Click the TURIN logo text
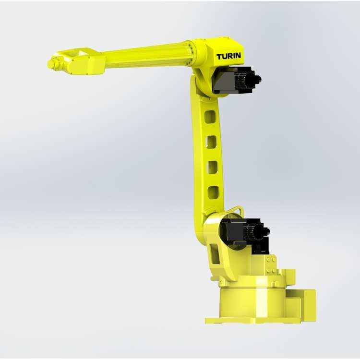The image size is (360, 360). [x=228, y=56]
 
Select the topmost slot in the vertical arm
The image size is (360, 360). [x=210, y=117]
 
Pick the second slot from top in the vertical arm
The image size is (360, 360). [x=212, y=142]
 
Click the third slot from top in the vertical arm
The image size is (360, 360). [x=212, y=168]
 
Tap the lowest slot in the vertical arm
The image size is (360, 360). [x=213, y=193]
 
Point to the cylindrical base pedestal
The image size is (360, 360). [x=252, y=302]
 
